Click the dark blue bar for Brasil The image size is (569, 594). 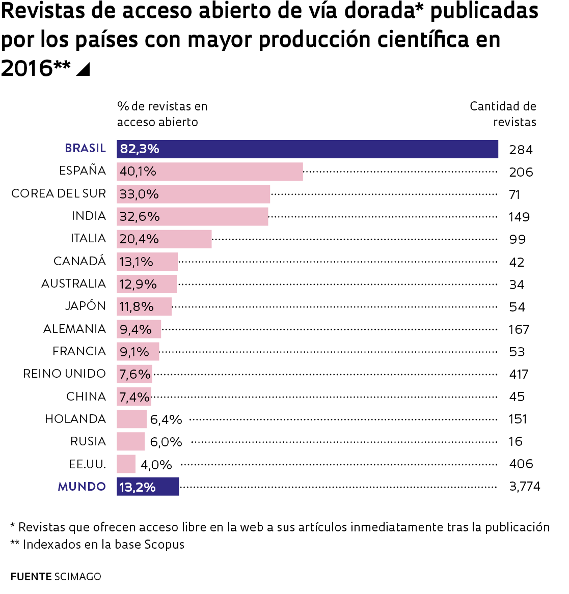[x=307, y=149]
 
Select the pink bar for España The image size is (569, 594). [x=209, y=172]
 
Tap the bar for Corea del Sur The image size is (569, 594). [x=193, y=194]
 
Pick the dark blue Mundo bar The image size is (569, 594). [x=148, y=487]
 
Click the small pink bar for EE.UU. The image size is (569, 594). [x=126, y=464]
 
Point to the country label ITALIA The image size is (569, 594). [x=88, y=239]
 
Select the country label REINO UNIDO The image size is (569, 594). [x=64, y=374]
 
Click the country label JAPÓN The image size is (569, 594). [x=85, y=306]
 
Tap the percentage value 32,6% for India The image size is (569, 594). [x=140, y=217]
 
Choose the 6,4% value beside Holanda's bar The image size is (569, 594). [x=166, y=419]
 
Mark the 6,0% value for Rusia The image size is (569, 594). [x=166, y=442]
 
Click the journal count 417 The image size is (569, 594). [x=519, y=375]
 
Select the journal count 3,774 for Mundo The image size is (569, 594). [x=525, y=487]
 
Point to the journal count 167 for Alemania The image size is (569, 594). [x=519, y=330]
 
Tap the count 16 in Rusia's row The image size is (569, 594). [x=516, y=442]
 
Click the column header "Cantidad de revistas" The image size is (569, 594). [x=503, y=114]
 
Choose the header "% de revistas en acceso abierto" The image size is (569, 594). [x=162, y=114]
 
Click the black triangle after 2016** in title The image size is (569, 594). [x=83, y=69]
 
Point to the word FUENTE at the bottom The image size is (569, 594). [x=31, y=577]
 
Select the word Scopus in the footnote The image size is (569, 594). [x=164, y=545]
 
